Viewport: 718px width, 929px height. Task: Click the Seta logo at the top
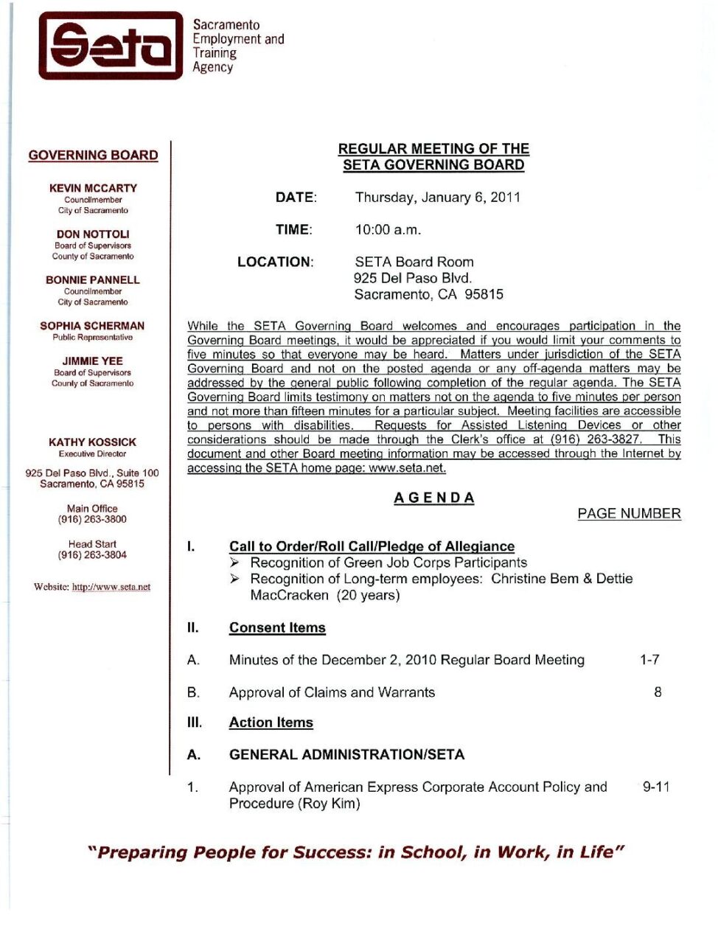[x=111, y=46]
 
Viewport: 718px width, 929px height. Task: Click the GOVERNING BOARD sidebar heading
[x=93, y=155]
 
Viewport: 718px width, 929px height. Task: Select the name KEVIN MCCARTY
[x=93, y=188]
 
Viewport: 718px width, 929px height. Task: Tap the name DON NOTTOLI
[x=93, y=234]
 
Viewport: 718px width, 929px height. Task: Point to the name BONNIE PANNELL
[x=93, y=279]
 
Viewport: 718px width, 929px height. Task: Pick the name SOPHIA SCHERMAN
[x=93, y=325]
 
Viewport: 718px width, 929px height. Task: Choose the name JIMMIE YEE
[x=93, y=361]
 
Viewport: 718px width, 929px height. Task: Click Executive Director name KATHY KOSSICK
[x=93, y=442]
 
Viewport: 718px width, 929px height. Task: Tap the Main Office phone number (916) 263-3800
[x=93, y=519]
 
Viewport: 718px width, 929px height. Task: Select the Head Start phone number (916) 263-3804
[x=93, y=554]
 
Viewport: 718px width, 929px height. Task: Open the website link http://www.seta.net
[x=111, y=587]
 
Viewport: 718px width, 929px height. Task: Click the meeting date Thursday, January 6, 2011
[x=438, y=197]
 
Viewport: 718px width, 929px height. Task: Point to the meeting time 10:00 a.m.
[x=388, y=229]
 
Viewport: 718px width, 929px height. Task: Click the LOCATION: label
[x=275, y=262]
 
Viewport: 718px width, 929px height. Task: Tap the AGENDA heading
[x=433, y=498]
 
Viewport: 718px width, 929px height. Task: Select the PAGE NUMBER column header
[x=629, y=513]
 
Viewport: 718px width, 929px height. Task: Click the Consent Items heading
[x=277, y=627]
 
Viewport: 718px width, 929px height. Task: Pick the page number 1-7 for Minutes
[x=649, y=659]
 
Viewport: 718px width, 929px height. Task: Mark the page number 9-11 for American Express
[x=656, y=787]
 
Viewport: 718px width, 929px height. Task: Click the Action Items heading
[x=271, y=723]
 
